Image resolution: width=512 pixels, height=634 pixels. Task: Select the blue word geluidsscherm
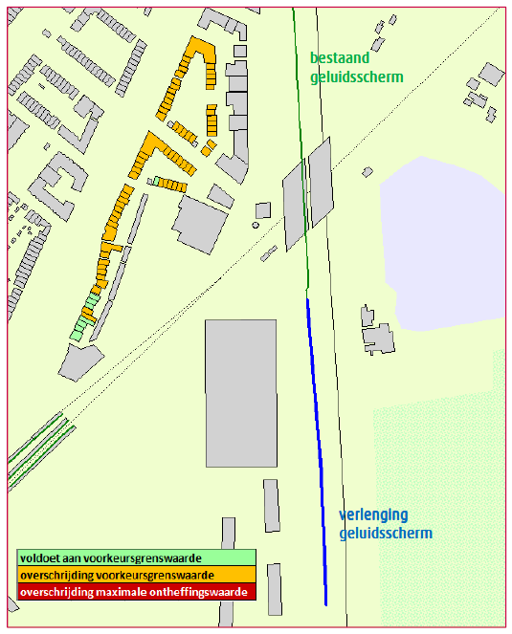click(x=385, y=534)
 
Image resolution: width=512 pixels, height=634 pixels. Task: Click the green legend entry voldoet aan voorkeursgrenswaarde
click(x=137, y=557)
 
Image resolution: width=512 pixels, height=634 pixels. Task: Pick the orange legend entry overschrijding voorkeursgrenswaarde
click(x=137, y=575)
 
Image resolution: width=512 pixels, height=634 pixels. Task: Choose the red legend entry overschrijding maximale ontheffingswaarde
click(x=137, y=593)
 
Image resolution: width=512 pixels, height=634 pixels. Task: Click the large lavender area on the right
click(x=440, y=239)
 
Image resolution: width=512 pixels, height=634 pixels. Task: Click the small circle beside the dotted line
click(x=256, y=226)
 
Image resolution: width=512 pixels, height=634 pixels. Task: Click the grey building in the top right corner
click(x=491, y=75)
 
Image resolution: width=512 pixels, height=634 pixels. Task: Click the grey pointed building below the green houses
click(x=80, y=359)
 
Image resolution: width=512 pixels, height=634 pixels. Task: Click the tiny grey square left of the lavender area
click(x=367, y=172)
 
